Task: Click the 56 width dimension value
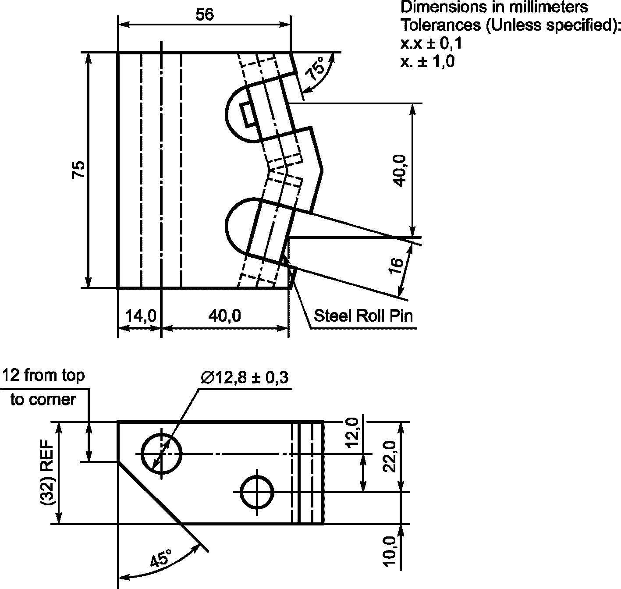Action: [x=204, y=15]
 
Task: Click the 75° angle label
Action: [x=316, y=68]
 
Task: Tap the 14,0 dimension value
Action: [x=141, y=316]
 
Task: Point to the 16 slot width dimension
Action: [x=397, y=266]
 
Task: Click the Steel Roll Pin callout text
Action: [x=363, y=316]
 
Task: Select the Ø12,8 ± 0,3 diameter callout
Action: [x=245, y=377]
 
